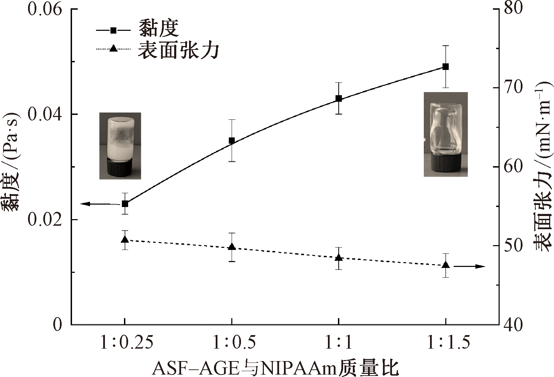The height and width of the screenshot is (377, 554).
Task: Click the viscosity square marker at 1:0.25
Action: tap(125, 204)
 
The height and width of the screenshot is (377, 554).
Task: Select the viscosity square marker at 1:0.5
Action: tap(232, 141)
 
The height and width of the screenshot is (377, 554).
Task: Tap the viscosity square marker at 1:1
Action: tap(339, 99)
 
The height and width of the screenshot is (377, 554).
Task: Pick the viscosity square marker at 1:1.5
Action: tap(446, 67)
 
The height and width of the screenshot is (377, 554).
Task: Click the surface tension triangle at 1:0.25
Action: tap(125, 240)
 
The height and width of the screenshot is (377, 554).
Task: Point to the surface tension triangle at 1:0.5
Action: tap(232, 247)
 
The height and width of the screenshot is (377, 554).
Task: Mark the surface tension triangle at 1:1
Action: tap(339, 258)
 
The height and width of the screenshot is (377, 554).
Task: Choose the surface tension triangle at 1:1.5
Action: tap(446, 265)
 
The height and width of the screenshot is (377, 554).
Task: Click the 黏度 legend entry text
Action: tap(158, 28)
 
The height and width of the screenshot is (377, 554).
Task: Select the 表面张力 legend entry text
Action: tap(179, 51)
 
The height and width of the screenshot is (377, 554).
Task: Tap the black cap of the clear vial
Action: tap(446, 163)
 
